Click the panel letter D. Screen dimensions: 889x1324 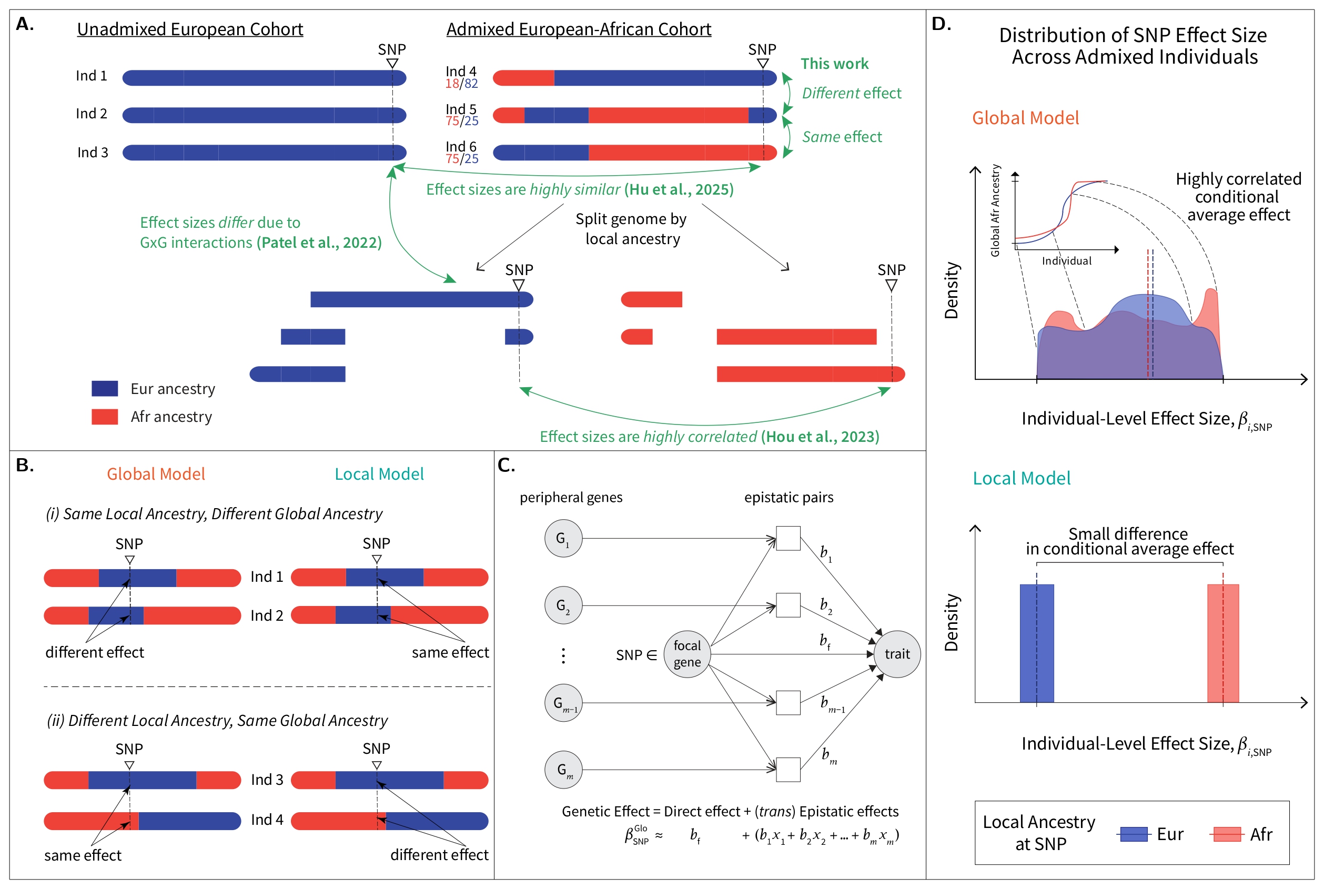pyautogui.click(x=941, y=24)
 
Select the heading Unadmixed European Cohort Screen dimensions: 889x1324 pyautogui.click(x=190, y=29)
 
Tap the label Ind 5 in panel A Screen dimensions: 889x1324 pyautogui.click(x=461, y=108)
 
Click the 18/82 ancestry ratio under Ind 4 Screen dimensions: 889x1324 pyautogui.click(x=461, y=84)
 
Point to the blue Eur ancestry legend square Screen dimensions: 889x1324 pyautogui.click(x=105, y=388)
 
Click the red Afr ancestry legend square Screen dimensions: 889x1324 pyautogui.click(x=105, y=417)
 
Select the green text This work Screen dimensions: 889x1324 pyautogui.click(x=834, y=64)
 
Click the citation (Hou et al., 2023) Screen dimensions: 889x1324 pyautogui.click(x=820, y=437)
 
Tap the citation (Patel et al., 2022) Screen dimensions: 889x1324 pyautogui.click(x=319, y=243)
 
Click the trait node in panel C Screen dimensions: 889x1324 pyautogui.click(x=897, y=654)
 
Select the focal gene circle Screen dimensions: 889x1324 pyautogui.click(x=687, y=654)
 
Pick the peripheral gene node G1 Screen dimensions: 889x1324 pyautogui.click(x=563, y=538)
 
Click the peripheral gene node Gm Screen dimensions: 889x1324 pyautogui.click(x=563, y=770)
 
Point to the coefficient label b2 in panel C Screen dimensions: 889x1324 pyautogui.click(x=826, y=605)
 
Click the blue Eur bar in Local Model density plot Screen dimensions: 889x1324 pyautogui.click(x=1037, y=643)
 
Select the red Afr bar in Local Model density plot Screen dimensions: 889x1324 pyautogui.click(x=1222, y=643)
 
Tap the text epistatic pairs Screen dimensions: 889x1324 pyautogui.click(x=789, y=497)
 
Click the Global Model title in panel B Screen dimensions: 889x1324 pyautogui.click(x=156, y=474)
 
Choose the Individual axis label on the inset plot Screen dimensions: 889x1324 pyautogui.click(x=1066, y=261)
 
